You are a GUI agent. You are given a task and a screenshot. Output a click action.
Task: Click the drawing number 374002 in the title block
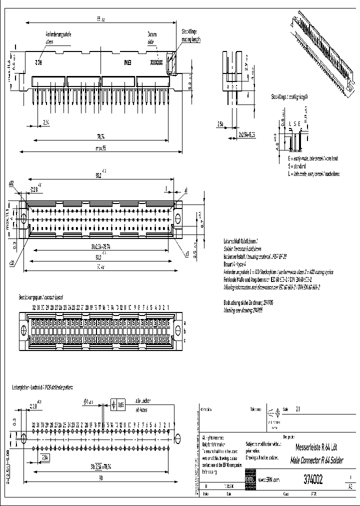click(x=313, y=480)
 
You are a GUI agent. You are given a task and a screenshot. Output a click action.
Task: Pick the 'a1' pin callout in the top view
click(x=186, y=190)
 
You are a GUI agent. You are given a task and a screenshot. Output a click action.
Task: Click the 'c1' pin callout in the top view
click(x=186, y=253)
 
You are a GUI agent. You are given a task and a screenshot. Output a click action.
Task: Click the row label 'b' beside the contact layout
click(x=184, y=331)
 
